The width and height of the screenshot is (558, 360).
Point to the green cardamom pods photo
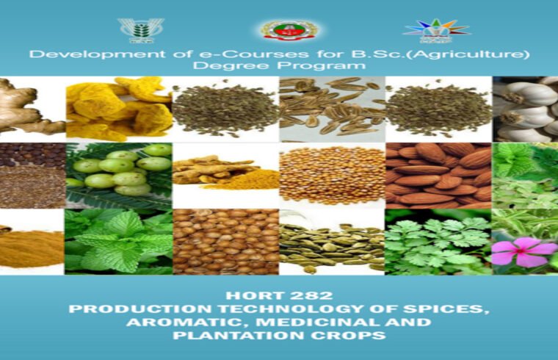click(x=332, y=242)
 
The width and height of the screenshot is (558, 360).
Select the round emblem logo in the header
click(x=289, y=29)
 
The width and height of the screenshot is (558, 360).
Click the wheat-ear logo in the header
click(x=136, y=29)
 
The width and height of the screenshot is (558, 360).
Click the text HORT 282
click(x=279, y=295)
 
